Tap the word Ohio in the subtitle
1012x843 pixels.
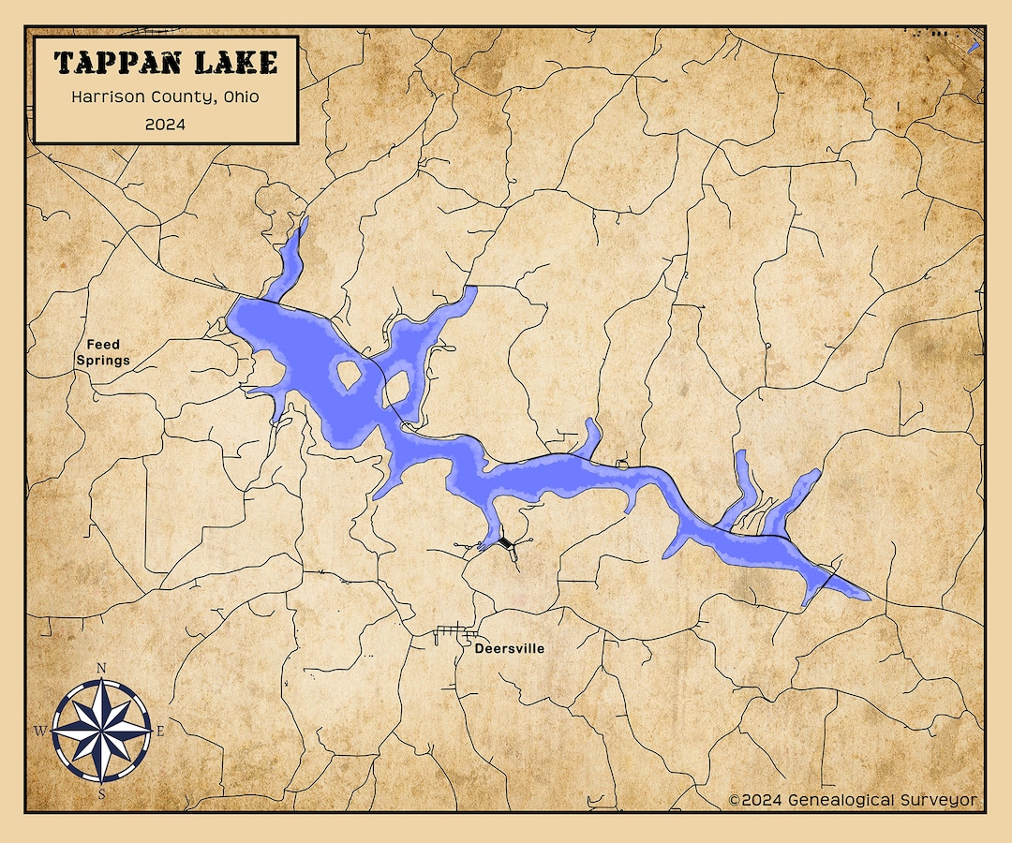click(x=241, y=96)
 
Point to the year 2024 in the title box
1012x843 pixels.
click(x=165, y=124)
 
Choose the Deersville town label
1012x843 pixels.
click(x=509, y=648)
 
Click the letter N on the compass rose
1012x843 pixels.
click(x=101, y=668)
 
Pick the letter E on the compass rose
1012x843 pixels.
click(x=159, y=731)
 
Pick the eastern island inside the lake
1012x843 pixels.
click(x=395, y=387)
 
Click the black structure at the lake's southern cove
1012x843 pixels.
click(x=507, y=543)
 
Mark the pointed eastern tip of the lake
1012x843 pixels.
click(x=869, y=597)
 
